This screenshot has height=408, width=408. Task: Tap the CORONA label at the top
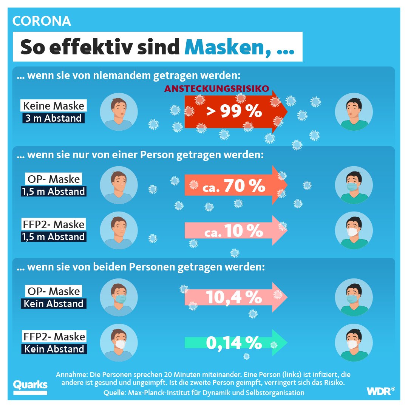[42, 21]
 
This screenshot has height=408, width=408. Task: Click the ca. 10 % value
[233, 232]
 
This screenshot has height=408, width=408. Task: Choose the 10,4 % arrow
[234, 297]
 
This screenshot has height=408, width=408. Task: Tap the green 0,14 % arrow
[234, 343]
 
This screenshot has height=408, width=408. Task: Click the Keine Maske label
[53, 105]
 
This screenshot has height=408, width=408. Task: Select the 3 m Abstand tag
[53, 118]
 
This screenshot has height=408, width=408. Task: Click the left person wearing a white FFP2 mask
[119, 343]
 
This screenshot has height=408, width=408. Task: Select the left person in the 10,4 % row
[119, 297]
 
